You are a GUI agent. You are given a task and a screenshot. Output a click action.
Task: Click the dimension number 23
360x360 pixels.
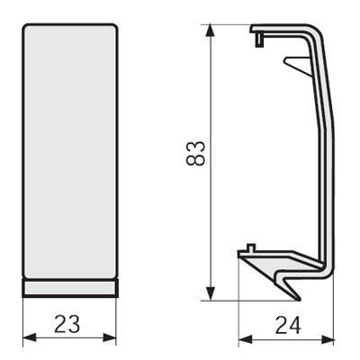67,324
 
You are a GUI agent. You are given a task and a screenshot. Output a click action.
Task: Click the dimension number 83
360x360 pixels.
195,153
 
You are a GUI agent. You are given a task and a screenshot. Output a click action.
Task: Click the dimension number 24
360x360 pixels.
288,326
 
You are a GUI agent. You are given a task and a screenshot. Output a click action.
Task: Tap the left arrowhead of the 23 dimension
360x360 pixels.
30,337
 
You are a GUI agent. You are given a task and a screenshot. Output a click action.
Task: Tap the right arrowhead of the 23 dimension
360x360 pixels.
110,337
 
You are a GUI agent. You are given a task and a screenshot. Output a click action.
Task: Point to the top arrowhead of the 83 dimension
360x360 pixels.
211,31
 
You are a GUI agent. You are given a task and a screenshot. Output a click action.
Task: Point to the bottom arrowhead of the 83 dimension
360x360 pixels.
211,293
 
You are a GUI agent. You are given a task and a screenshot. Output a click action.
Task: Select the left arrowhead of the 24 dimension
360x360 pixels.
245,340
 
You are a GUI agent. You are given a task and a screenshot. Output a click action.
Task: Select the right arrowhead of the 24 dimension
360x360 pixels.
328,340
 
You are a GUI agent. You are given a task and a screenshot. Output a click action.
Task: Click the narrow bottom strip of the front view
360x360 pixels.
70,288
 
